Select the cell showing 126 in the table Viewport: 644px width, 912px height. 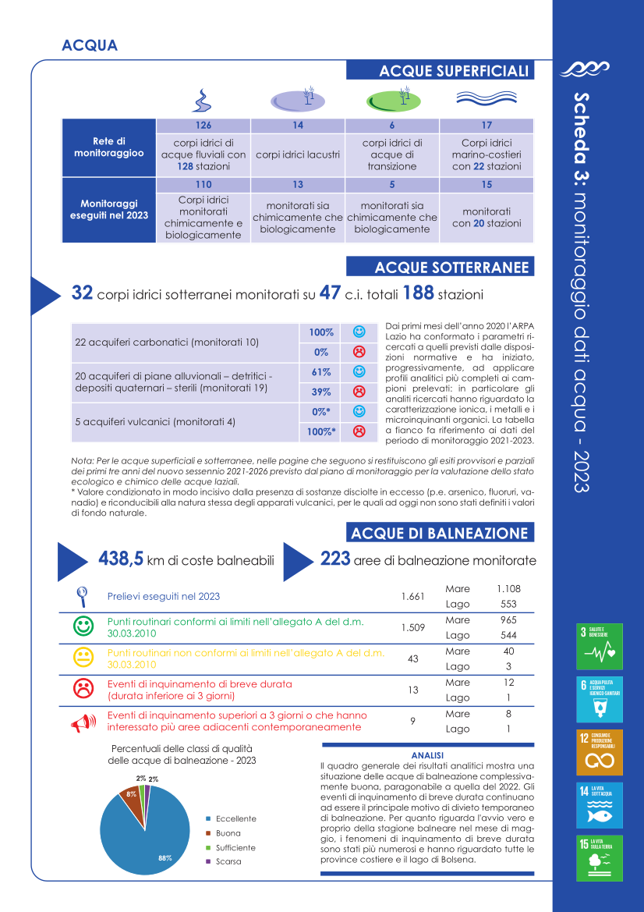pos(203,126)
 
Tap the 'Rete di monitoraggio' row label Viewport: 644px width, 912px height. pos(109,147)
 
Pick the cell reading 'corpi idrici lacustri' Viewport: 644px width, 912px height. pos(297,154)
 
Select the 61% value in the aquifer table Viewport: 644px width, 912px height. pos(321,372)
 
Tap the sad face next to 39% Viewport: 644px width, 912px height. pos(359,391)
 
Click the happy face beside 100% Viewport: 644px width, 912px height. pos(359,332)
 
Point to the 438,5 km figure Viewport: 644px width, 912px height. pos(121,559)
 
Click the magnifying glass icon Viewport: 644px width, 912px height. pos(82,596)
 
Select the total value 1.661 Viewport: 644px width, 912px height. pos(412,597)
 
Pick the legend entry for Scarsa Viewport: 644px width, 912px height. pos(228,861)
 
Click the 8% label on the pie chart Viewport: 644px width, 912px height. pos(133,793)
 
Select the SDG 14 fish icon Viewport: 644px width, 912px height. pos(599,805)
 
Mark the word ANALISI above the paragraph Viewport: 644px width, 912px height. pos(427,755)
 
